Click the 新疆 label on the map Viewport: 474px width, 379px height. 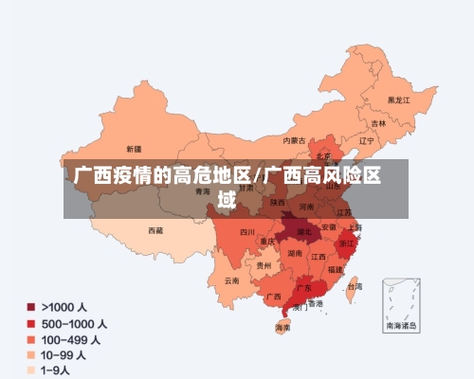click(x=134, y=149)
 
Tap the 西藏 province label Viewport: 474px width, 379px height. click(x=155, y=229)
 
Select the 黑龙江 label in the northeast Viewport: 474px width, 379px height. click(x=398, y=99)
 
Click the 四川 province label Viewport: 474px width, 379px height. click(x=247, y=231)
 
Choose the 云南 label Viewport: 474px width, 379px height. click(x=232, y=280)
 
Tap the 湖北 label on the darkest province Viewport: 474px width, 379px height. click(x=304, y=230)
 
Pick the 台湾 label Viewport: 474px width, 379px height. click(x=354, y=285)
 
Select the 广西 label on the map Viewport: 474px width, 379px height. click(x=273, y=296)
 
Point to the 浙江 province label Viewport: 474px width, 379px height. click(x=346, y=244)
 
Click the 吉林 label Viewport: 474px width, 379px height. click(x=378, y=124)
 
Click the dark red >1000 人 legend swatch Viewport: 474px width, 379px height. click(x=31, y=308)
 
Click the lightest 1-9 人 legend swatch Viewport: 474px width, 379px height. click(x=31, y=370)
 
